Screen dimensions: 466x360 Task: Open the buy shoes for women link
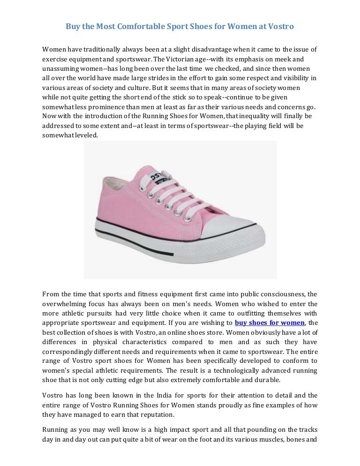point(270,322)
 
